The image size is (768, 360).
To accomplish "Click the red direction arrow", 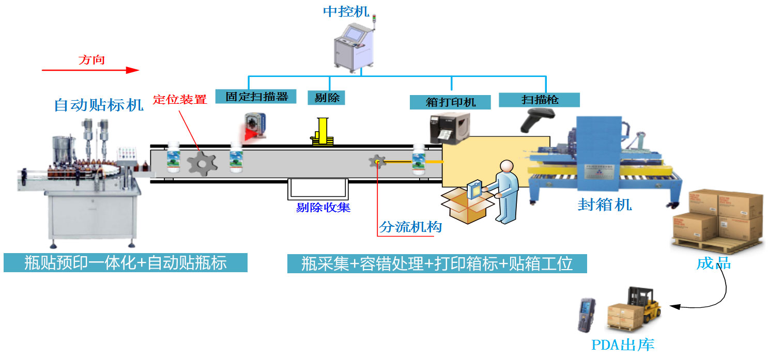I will point(90,70).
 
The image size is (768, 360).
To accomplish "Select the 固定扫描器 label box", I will point(256,96).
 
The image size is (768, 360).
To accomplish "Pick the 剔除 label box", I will point(326,97).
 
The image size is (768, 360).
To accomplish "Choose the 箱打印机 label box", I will point(450,102).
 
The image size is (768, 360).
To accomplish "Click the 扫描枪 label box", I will point(539,100).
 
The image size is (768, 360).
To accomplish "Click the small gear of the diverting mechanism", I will point(377,162).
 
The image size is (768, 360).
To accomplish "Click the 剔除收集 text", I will point(323,207).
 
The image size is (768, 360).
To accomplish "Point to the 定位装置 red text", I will point(179,100).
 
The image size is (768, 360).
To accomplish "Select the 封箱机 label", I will point(605,205).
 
